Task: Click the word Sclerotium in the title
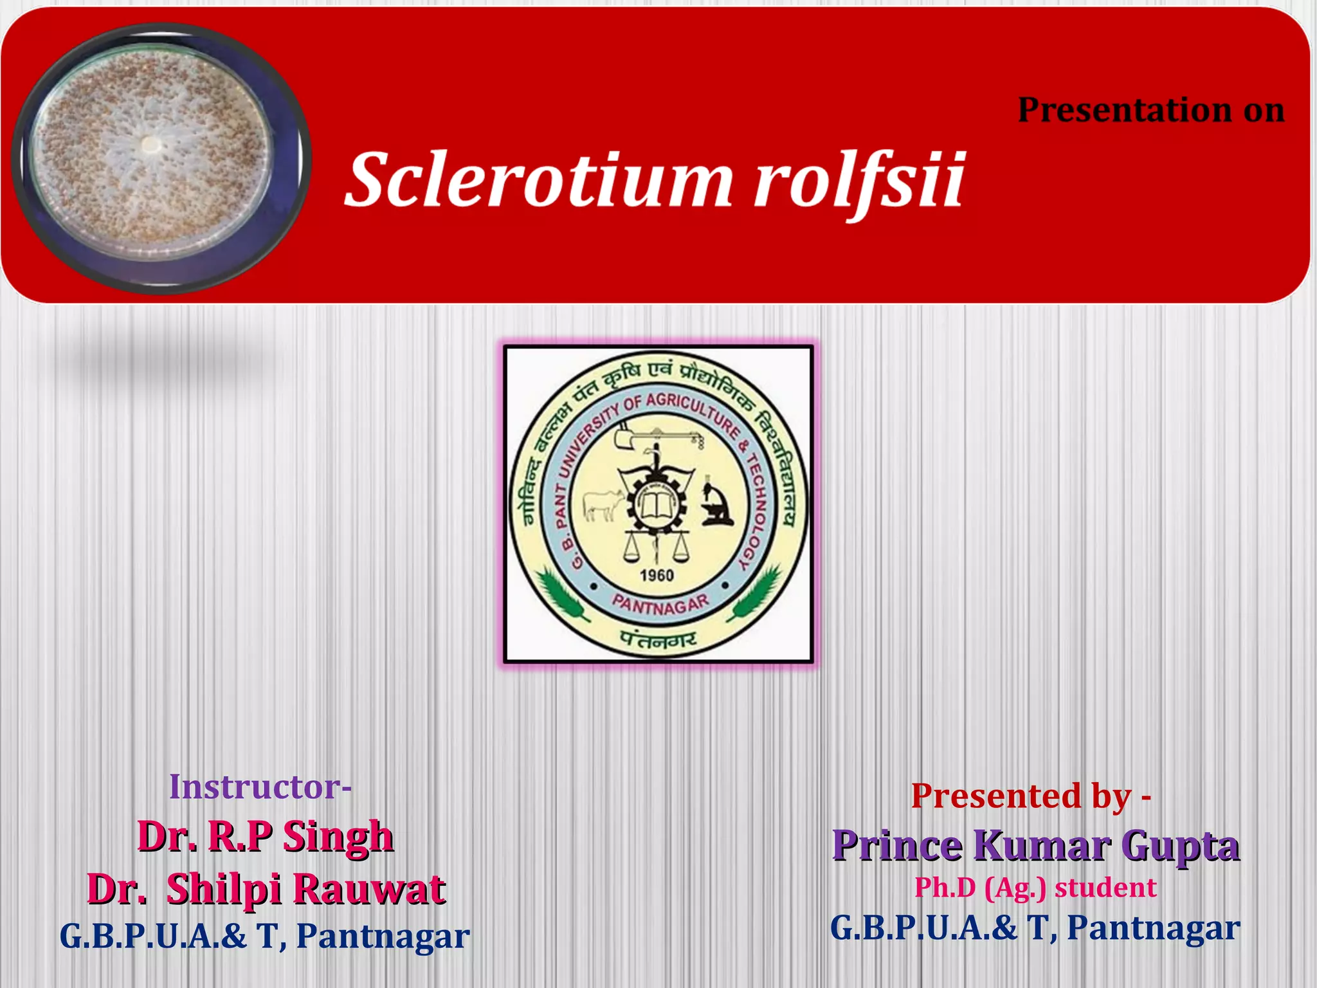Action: (539, 180)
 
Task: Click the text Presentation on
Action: (1150, 110)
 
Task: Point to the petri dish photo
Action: (161, 158)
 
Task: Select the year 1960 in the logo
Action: (657, 575)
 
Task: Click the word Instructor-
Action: (260, 787)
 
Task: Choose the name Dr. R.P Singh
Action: (265, 836)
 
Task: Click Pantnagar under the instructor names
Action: (383, 936)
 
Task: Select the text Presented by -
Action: (1031, 796)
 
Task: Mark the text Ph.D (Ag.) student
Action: (1035, 888)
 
